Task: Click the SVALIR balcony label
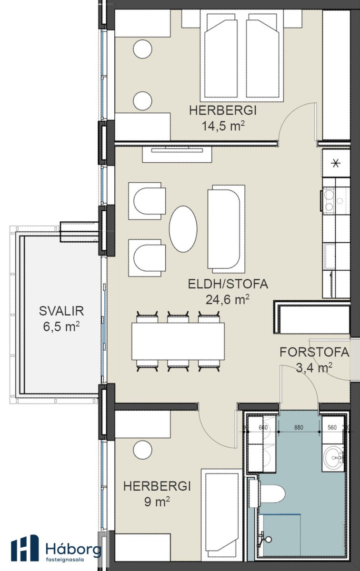[61, 311]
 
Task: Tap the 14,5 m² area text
[223, 126]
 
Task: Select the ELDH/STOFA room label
[228, 284]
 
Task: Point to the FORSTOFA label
[314, 352]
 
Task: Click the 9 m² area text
[157, 502]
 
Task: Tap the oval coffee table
[183, 229]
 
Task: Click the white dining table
[178, 341]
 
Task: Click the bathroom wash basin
[333, 458]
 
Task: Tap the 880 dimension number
[299, 427]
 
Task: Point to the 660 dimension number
[263, 427]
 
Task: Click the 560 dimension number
[332, 427]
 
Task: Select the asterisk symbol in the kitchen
[336, 163]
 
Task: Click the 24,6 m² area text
[228, 299]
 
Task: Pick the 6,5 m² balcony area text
[61, 326]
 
